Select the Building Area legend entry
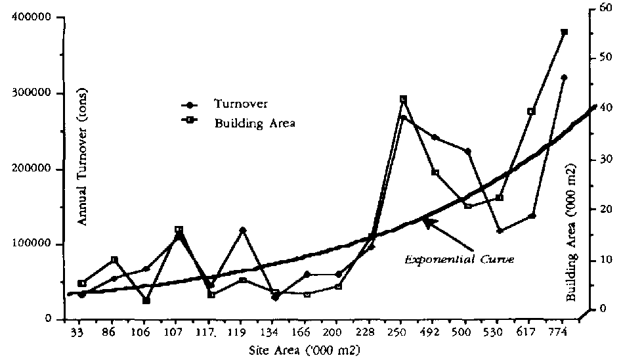[254, 122]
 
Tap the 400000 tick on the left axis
[34, 18]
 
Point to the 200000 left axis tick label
[34, 169]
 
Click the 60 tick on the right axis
[605, 9]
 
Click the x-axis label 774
[563, 332]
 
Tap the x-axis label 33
[77, 332]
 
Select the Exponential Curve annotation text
[459, 259]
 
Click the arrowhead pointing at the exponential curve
[424, 223]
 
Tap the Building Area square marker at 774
[564, 32]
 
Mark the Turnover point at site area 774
[564, 78]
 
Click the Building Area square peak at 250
[403, 99]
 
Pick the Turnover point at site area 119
[243, 230]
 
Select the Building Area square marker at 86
[114, 260]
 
